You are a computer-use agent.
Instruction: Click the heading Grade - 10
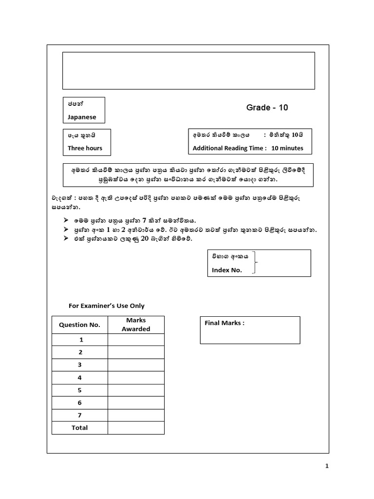[x=267, y=108]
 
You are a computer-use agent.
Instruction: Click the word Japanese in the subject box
[x=82, y=117]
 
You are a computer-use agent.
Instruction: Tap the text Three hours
[x=85, y=148]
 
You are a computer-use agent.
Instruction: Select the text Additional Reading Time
[x=229, y=148]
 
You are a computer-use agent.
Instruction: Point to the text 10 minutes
[x=287, y=148]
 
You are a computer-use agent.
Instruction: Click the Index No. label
[x=226, y=270]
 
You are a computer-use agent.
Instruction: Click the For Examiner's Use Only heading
[x=106, y=306]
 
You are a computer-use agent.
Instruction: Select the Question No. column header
[x=79, y=325]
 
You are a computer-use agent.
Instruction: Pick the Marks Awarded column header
[x=136, y=325]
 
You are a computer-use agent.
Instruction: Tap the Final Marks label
[x=224, y=323]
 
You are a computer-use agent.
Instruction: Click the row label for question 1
[x=80, y=340]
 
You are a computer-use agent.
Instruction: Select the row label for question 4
[x=80, y=378]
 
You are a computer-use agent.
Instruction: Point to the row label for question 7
[x=80, y=415]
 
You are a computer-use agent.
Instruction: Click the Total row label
[x=80, y=427]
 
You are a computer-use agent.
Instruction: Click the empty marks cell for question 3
[x=136, y=365]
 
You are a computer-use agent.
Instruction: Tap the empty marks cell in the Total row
[x=136, y=428]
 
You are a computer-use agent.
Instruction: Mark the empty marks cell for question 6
[x=136, y=403]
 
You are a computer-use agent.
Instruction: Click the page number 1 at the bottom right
[x=327, y=466]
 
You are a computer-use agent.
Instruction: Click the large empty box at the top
[x=188, y=71]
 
